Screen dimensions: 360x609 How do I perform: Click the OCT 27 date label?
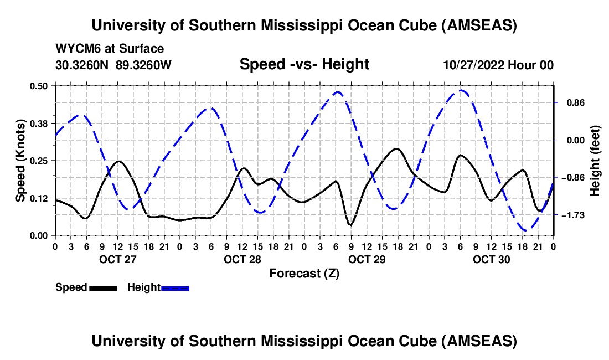117,259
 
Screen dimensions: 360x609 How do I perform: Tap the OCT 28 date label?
242,259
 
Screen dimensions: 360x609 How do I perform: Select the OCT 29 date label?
367,259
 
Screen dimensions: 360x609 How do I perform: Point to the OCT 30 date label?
491,259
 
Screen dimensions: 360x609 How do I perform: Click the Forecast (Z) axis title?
304,273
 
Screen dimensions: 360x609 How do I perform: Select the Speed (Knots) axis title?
20,160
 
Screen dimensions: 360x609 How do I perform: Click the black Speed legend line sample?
103,288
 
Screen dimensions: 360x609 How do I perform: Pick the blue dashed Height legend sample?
176,288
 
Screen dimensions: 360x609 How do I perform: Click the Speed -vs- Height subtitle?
304,64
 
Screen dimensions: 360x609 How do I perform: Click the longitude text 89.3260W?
144,65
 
